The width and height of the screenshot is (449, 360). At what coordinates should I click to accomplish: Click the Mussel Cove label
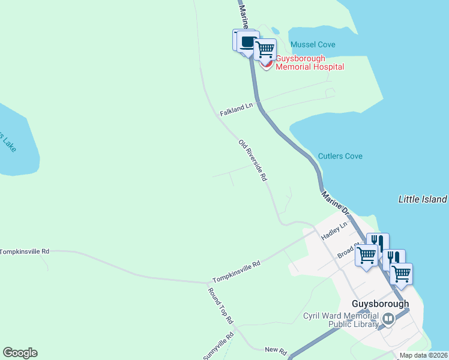313,44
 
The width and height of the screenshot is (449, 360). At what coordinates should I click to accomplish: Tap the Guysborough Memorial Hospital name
310,63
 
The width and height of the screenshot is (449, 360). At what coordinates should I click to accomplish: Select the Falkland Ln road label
237,109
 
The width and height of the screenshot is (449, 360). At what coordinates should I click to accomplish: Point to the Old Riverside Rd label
252,161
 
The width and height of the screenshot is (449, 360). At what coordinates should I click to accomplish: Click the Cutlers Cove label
340,156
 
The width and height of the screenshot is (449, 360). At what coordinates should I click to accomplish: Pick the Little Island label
423,199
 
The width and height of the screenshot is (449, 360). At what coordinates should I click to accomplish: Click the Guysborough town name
381,304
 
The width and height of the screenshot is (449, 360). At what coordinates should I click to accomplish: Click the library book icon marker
388,319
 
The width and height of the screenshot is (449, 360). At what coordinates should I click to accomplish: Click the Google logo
20,353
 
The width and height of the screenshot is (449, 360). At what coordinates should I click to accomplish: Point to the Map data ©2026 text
424,355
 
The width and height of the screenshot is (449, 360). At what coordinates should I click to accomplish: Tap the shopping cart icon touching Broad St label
366,254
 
